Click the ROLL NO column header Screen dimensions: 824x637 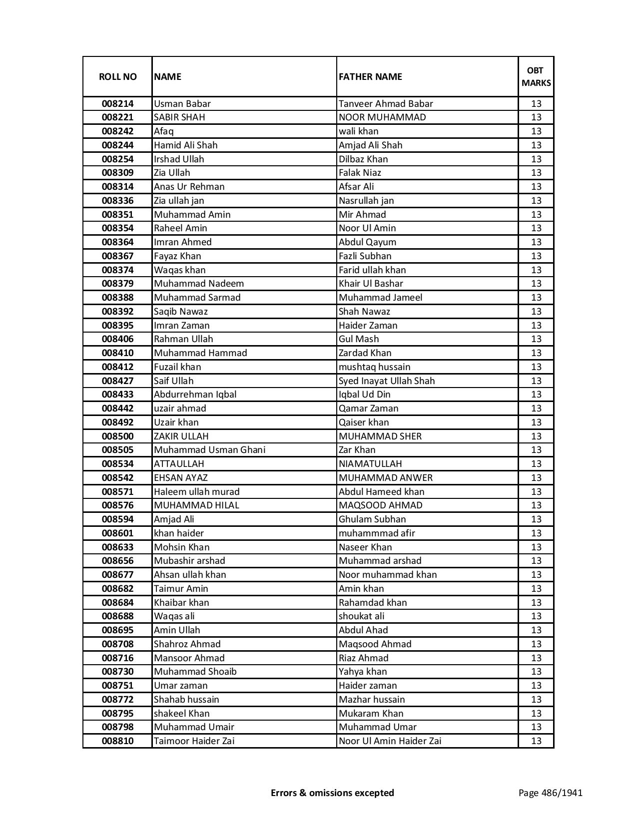coord(117,76)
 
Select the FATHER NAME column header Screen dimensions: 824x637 coord(370,76)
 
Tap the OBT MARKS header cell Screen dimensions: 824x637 coord(536,76)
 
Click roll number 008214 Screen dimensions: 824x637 coord(117,104)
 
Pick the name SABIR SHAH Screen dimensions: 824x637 coord(179,117)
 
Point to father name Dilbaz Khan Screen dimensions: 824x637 coord(363,159)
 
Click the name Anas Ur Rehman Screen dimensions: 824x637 coord(189,187)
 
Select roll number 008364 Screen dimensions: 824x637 coord(117,242)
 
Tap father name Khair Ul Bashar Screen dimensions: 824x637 coord(371,284)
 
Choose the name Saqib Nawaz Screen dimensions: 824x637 coord(181,312)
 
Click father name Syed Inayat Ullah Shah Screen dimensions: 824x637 coord(387,381)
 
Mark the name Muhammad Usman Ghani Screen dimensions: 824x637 coord(210,450)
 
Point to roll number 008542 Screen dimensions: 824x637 coord(117,478)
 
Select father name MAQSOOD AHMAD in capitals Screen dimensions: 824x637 coord(380,505)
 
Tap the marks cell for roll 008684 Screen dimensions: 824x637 coord(536,603)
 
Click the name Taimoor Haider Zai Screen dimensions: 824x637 coord(194,741)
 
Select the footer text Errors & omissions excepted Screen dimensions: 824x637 coord(332,793)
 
